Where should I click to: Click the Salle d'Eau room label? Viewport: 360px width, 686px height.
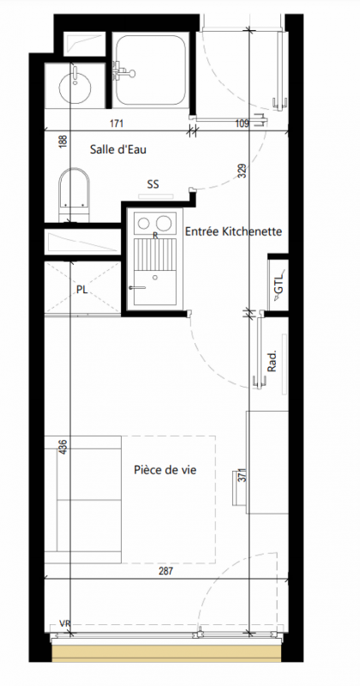118,149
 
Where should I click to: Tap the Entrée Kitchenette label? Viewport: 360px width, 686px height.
234,232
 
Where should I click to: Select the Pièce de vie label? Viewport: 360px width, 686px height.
165,470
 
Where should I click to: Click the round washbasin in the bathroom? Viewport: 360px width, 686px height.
75,86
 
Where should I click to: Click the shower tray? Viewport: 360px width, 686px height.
152,69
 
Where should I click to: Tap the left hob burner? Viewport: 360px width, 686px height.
143,223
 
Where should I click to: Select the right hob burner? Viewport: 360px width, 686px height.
164,223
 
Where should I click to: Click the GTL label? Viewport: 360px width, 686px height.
279,284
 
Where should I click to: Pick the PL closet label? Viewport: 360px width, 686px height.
81,289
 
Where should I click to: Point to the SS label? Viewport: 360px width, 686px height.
153,184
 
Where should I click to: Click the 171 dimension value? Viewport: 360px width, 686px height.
117,123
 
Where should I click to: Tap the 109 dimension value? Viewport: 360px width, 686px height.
243,123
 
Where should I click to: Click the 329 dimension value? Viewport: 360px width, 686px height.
243,171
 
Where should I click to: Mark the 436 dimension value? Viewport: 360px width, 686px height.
63,446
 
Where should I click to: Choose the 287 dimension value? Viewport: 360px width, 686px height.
166,570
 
